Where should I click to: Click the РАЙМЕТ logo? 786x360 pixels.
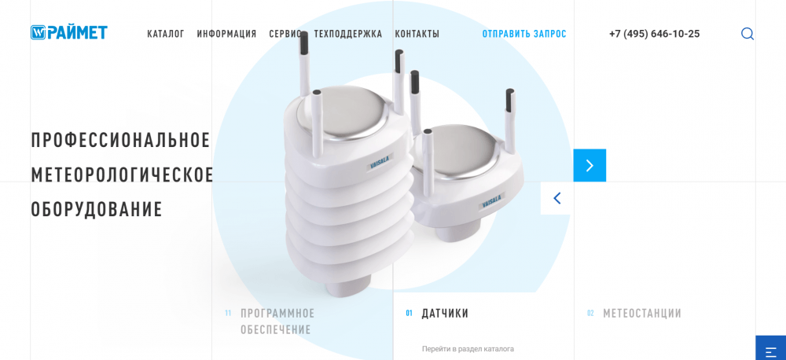(x=69, y=32)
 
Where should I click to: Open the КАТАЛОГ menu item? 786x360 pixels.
(x=166, y=34)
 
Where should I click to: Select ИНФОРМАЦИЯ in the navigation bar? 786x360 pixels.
(x=226, y=34)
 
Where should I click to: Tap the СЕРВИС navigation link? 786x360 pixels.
(x=285, y=34)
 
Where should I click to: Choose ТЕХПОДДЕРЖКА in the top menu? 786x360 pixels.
(x=348, y=34)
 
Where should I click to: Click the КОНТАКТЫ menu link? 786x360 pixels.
(x=417, y=34)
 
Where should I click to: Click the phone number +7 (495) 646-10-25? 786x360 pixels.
(x=654, y=34)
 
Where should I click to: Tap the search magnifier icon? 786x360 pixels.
(x=747, y=34)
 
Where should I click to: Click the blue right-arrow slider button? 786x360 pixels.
(x=589, y=166)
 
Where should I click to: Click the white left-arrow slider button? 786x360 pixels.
(x=557, y=198)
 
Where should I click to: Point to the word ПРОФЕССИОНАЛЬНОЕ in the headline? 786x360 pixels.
(x=120, y=140)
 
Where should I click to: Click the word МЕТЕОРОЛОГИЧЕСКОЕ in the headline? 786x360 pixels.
(x=123, y=174)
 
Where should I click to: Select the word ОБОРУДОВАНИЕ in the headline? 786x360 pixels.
(x=97, y=209)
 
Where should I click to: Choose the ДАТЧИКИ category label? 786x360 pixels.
(x=445, y=314)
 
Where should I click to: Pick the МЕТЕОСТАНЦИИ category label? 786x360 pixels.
(x=642, y=314)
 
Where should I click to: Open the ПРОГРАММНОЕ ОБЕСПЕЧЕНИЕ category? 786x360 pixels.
(x=277, y=321)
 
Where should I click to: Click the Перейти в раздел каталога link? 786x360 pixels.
(x=468, y=348)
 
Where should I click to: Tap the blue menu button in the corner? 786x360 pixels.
(x=771, y=348)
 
